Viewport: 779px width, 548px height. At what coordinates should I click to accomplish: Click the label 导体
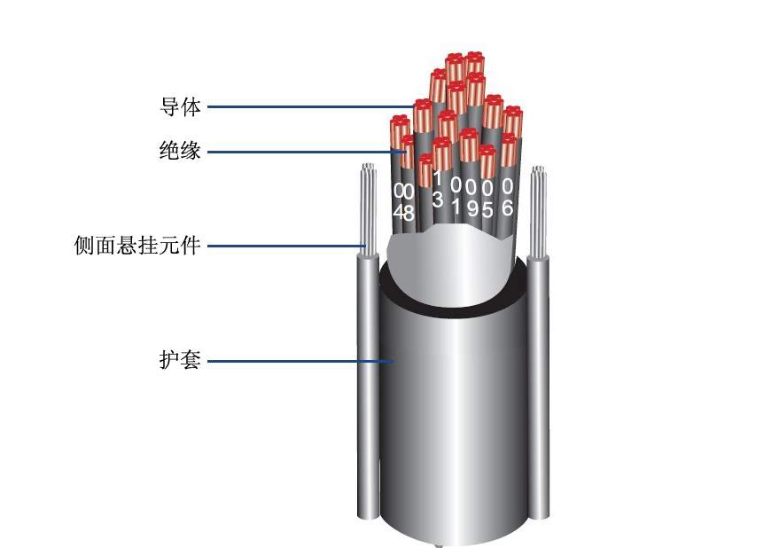point(180,107)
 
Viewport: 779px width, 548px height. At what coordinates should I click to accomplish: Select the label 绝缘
point(180,151)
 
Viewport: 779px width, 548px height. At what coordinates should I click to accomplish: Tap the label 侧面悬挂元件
point(137,246)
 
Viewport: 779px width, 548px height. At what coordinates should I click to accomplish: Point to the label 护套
point(180,360)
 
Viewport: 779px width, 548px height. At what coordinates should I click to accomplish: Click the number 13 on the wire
point(437,190)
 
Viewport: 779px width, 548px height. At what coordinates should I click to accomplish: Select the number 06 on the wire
point(507,197)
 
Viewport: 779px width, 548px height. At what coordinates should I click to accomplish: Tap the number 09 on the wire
point(472,199)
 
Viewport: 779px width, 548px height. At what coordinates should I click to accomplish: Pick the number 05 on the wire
point(487,199)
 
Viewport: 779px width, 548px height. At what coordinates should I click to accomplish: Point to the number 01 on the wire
point(456,197)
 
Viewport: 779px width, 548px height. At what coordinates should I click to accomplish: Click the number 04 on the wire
point(398,202)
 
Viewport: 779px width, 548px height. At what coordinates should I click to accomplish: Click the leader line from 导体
point(311,107)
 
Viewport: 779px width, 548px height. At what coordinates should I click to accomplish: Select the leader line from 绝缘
point(307,152)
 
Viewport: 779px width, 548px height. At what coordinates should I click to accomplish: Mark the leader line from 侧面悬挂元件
point(286,246)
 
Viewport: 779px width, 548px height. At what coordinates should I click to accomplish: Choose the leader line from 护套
point(300,361)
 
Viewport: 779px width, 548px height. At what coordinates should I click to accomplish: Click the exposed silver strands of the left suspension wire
point(369,209)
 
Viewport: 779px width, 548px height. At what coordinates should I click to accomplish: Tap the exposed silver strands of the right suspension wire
point(538,211)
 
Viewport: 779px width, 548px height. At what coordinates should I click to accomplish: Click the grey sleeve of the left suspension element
point(368,386)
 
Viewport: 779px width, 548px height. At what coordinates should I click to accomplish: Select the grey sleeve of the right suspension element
point(538,387)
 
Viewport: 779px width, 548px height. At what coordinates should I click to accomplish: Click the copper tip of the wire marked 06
point(508,149)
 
